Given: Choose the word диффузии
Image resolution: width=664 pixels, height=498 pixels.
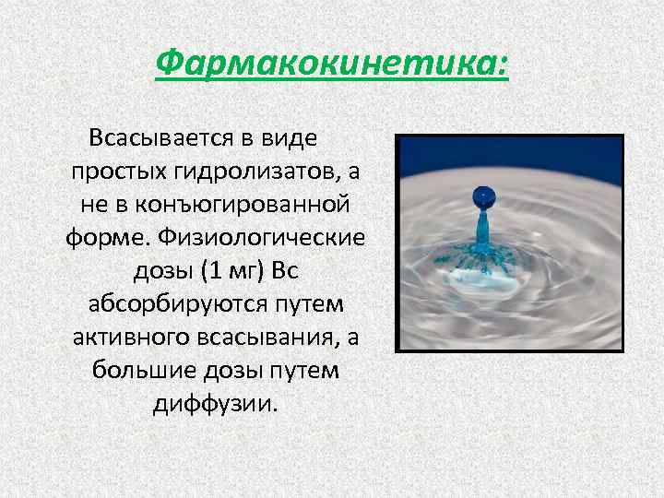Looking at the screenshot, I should coord(215,404).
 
